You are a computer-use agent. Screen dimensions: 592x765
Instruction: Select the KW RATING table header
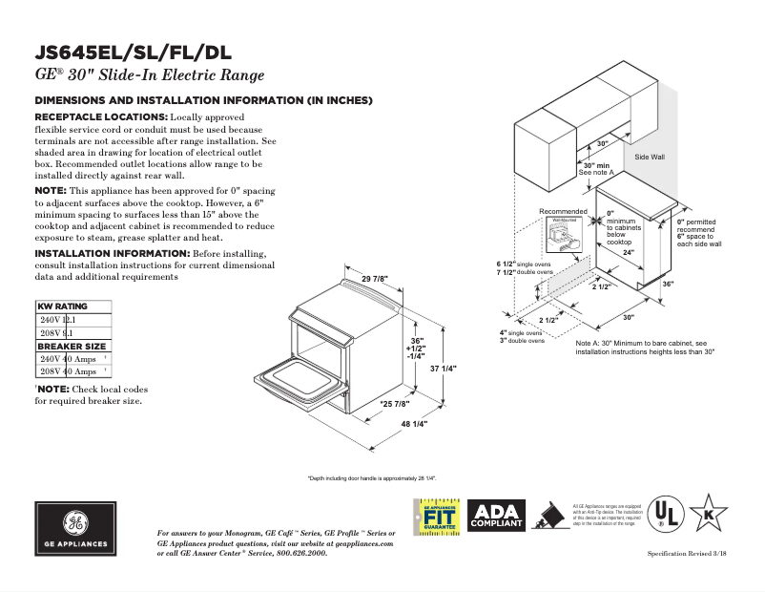(62, 307)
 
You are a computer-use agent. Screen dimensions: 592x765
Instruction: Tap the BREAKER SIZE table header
(72, 346)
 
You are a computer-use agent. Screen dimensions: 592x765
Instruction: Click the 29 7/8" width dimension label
(374, 279)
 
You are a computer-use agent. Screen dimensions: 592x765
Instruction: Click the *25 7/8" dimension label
(395, 404)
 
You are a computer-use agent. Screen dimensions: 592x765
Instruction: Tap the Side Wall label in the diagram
(650, 156)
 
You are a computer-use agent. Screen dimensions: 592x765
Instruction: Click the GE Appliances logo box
(75, 528)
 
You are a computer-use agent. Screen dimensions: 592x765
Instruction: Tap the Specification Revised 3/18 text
(687, 554)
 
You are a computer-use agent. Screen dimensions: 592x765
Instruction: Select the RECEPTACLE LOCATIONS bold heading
(101, 116)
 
